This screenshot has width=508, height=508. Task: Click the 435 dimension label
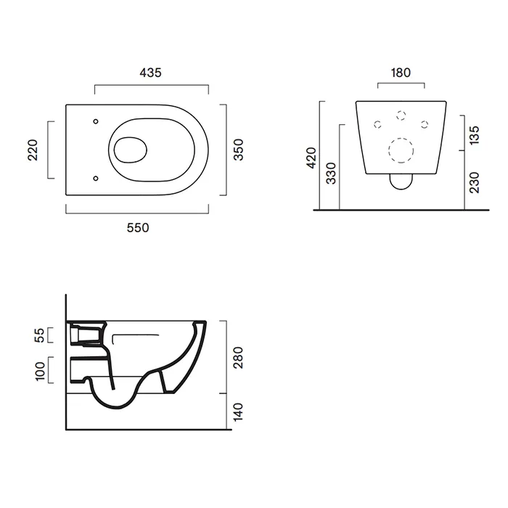(150, 73)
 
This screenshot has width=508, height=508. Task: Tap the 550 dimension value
(138, 228)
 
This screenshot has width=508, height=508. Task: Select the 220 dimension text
(33, 150)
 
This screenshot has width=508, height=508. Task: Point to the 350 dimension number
(239, 149)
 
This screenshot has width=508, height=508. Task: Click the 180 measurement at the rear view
(401, 73)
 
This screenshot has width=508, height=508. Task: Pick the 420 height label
(311, 157)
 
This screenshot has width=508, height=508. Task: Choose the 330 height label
(331, 173)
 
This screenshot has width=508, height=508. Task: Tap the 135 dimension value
(474, 136)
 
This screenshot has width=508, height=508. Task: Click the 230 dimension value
(474, 183)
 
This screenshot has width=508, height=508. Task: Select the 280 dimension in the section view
(238, 358)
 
